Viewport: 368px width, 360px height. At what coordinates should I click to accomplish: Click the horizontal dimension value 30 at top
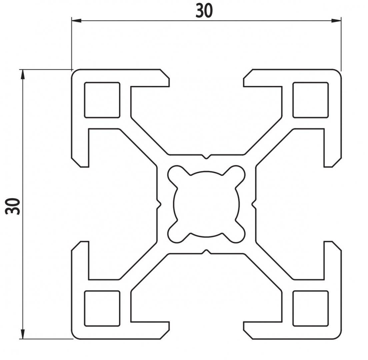[x=204, y=11]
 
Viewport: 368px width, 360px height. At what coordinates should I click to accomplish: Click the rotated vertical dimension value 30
[x=13, y=206]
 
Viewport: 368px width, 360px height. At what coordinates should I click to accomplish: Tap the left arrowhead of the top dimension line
[x=77, y=21]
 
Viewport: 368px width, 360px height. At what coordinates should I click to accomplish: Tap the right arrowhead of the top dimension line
[x=336, y=21]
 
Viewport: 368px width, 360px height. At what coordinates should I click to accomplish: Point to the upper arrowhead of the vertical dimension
[x=23, y=75]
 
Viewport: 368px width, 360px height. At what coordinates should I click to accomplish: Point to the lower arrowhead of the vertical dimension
[x=23, y=334]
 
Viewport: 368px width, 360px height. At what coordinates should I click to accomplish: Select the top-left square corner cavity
[x=102, y=100]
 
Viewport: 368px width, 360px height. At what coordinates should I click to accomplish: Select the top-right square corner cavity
[x=311, y=100]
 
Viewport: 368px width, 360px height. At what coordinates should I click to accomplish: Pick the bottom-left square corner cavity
[x=102, y=308]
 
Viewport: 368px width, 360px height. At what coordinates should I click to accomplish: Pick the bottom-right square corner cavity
[x=311, y=308]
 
